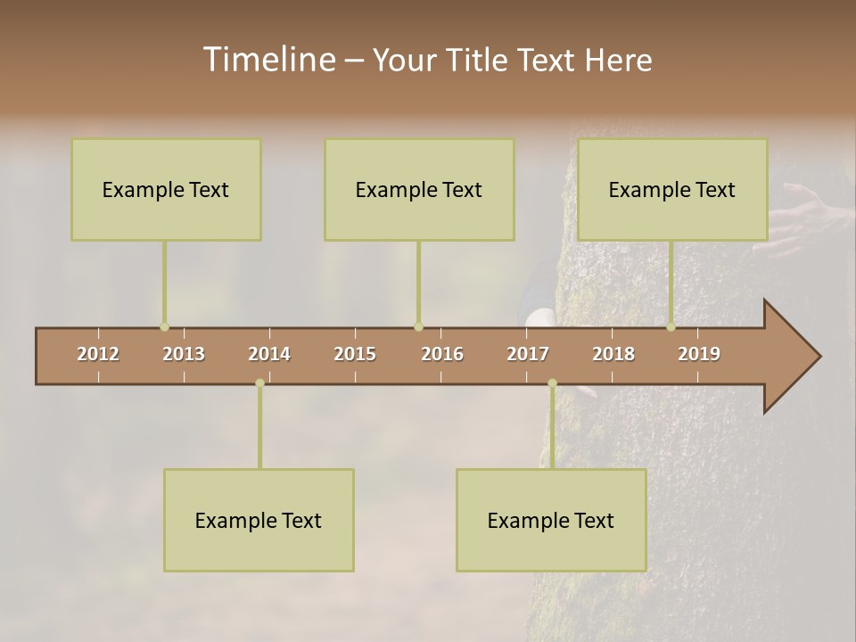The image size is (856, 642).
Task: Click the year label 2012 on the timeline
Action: [x=98, y=354]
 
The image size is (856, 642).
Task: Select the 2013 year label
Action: [x=184, y=354]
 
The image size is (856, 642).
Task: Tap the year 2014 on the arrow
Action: [x=269, y=354]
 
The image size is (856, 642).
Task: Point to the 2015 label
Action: [x=355, y=354]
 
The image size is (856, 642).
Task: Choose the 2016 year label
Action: [x=442, y=354]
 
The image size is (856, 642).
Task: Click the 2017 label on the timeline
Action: [x=528, y=354]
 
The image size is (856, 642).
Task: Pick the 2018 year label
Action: [x=613, y=354]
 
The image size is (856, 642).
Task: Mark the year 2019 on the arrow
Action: [x=699, y=354]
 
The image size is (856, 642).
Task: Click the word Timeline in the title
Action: [x=267, y=60]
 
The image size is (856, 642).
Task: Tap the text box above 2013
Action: [x=166, y=189]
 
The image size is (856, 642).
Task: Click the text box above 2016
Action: [x=419, y=189]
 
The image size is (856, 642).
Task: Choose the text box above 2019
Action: [x=672, y=189]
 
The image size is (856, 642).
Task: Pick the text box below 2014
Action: [x=259, y=520]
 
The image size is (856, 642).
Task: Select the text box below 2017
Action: [x=551, y=520]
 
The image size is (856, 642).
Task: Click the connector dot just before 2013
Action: [x=164, y=327]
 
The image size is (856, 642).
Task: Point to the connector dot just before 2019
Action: [x=671, y=327]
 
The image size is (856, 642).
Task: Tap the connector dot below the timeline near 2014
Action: [x=259, y=383]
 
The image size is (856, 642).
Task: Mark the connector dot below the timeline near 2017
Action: [x=552, y=383]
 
